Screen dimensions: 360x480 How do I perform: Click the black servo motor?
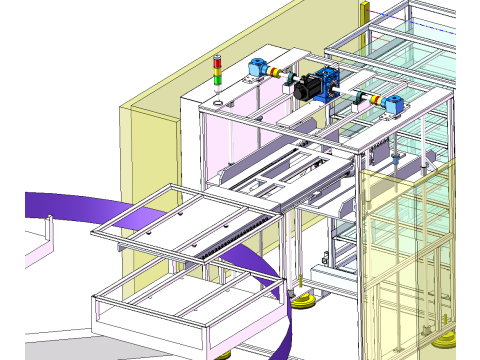(308, 87)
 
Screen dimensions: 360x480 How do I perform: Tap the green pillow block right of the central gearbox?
(358, 96)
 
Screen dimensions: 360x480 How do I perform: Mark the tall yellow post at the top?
(364, 10)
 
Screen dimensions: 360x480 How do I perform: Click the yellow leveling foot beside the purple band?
(302, 299)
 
